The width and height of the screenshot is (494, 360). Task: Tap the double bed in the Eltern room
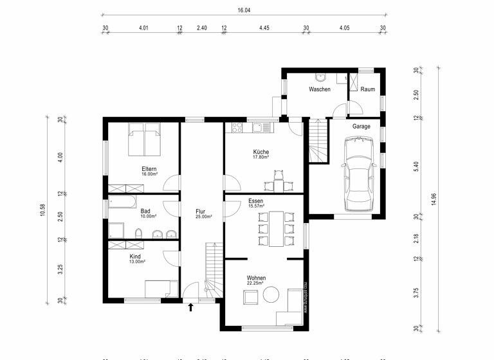145,139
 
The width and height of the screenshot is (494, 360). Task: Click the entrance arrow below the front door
190,307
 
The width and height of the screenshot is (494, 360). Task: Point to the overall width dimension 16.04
243,11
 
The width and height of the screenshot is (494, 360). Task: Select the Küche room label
260,152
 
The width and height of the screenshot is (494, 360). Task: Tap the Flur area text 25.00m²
203,217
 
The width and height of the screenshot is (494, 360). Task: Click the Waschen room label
319,89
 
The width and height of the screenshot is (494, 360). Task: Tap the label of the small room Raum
367,89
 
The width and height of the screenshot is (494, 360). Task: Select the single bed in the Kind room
161,289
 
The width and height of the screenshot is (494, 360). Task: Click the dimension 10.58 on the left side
42,210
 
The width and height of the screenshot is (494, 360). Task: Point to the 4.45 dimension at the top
264,28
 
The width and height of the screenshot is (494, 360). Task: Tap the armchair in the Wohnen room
250,297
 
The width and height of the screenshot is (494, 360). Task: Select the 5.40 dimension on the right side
416,165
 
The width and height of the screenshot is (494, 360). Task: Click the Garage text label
361,127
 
